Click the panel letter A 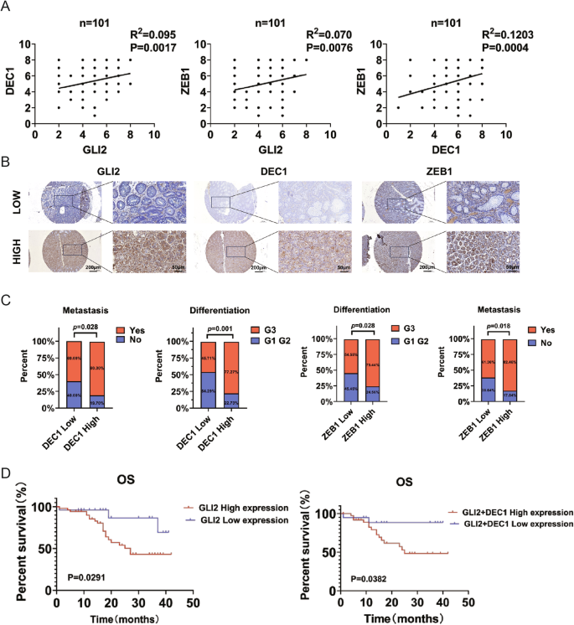click(x=7, y=8)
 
